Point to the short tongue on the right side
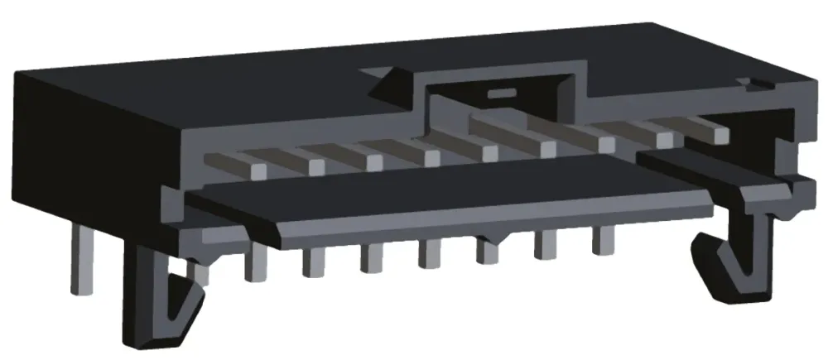712,166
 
